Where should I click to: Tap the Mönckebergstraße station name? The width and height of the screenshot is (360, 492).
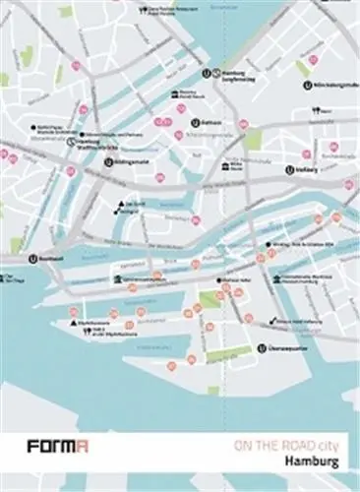tap(329, 85)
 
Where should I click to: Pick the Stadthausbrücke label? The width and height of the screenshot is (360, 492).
tap(90, 140)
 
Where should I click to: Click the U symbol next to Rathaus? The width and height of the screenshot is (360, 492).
tap(196, 123)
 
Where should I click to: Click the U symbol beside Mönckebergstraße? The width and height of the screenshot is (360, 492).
tap(307, 85)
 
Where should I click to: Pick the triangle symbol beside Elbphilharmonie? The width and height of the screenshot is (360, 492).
tap(71, 322)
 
